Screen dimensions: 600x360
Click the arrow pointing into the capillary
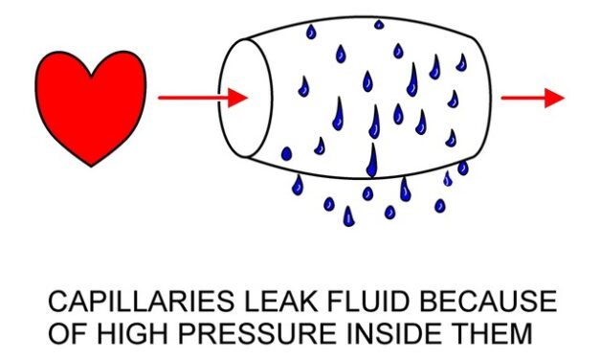203,98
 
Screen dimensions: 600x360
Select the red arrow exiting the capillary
533,98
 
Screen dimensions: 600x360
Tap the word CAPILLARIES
141,301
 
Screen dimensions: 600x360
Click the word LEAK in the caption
281,301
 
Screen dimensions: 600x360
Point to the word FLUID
368,301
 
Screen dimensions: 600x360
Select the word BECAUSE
488,301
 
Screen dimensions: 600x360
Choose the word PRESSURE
257,333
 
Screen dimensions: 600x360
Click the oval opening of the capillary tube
245,99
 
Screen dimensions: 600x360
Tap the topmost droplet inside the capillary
378,25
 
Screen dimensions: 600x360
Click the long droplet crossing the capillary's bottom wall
372,161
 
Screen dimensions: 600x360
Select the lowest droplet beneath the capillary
348,216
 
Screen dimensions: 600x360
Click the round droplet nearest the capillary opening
286,154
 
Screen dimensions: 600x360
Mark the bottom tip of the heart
91,167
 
